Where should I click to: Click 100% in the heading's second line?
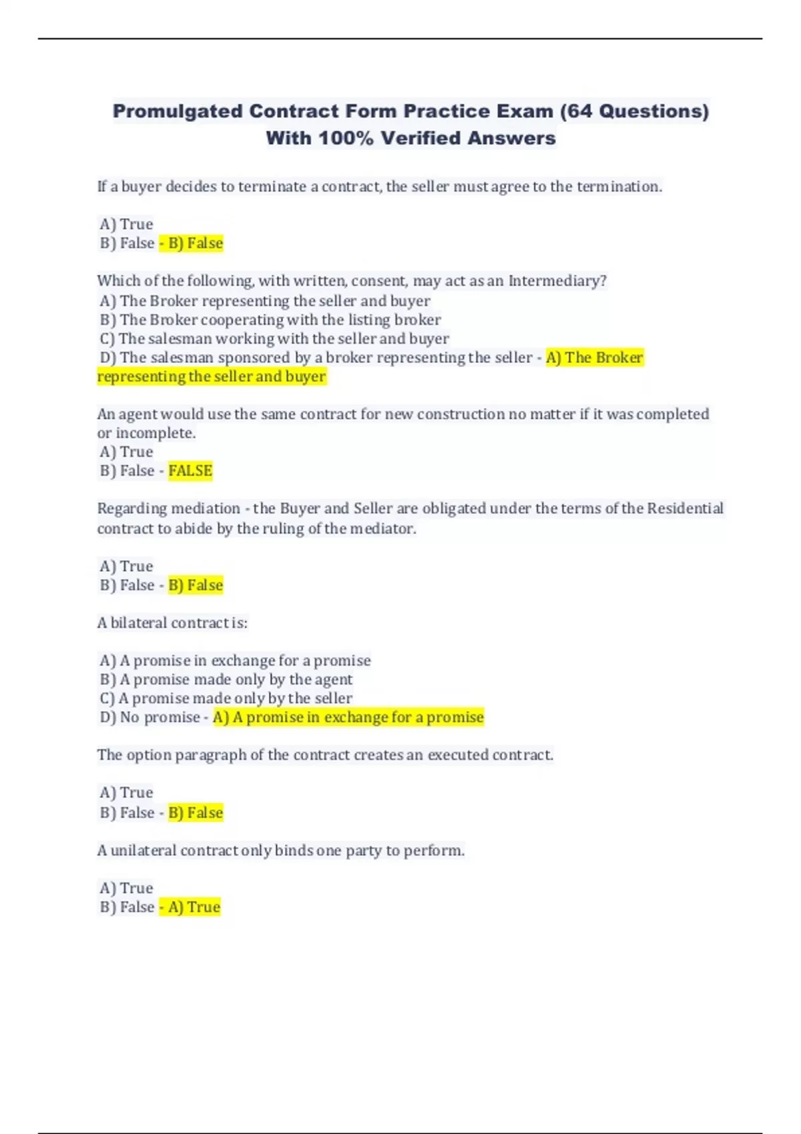click(x=346, y=138)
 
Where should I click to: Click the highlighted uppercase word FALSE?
click(x=190, y=471)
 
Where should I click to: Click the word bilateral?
click(x=139, y=623)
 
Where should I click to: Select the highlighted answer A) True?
click(x=194, y=907)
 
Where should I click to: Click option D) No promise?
click(x=150, y=718)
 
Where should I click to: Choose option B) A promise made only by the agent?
click(x=226, y=680)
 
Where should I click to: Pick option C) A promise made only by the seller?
click(x=226, y=698)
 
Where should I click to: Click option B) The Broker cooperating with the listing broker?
click(x=270, y=320)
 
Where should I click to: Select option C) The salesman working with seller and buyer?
click(x=274, y=339)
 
